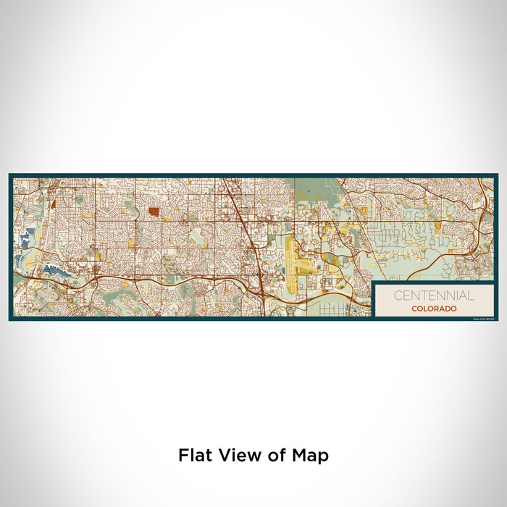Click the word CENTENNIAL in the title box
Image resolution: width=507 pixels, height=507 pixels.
coord(435,296)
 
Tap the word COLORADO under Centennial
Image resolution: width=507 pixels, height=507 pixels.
coord(435,309)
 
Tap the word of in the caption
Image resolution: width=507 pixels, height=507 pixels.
coord(272,456)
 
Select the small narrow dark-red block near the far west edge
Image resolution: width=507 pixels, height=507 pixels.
coord(56,191)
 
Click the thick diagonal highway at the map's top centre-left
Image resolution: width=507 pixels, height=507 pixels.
coord(236,203)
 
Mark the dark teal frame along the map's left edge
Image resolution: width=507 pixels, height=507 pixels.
coord(11,246)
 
